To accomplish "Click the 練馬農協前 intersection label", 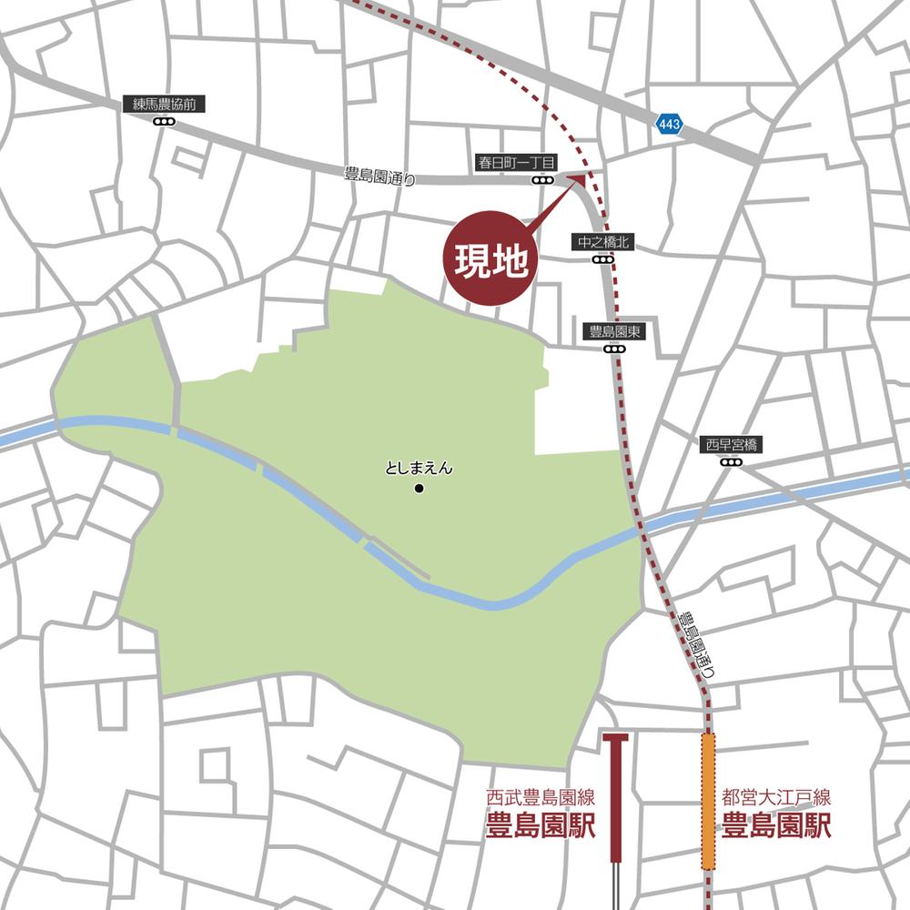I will pos(164,106).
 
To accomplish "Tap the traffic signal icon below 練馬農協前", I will pos(164,122).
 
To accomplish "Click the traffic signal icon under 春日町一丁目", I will pos(543,180).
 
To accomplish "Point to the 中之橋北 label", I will pos(602,242).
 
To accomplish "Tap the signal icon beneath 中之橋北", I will pos(602,259).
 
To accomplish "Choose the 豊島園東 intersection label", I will pos(615,332).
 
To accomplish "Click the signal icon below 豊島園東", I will pos(615,349).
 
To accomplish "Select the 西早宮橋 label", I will pos(732,445).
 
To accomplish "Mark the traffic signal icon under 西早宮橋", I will pos(732,462).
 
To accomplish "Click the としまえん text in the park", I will pos(419,470).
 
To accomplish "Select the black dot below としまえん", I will pos(419,490).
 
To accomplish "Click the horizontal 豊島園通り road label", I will pos(380,178).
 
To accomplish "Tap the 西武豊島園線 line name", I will pos(541,800).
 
